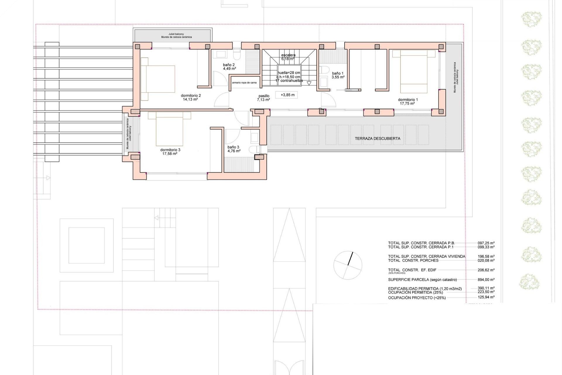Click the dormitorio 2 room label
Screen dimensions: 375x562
[x=191, y=98]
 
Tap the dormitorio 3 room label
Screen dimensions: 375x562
[x=170, y=151]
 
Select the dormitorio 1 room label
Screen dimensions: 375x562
[x=408, y=102]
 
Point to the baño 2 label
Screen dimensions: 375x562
[x=229, y=67]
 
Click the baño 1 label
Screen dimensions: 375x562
[x=338, y=75]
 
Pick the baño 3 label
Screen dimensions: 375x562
[x=234, y=149]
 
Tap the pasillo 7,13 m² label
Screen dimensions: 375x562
[x=263, y=98]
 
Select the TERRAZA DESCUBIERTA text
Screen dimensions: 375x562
[x=377, y=139]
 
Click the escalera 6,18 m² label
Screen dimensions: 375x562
[x=288, y=57]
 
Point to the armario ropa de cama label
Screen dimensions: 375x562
[x=244, y=83]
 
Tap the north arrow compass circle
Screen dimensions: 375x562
[x=348, y=265]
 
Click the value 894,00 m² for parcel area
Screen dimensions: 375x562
[x=486, y=279]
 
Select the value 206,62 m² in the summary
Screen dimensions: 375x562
[x=486, y=270]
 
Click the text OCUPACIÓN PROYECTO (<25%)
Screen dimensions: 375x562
[x=417, y=298]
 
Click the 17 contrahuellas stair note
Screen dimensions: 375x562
[x=289, y=81]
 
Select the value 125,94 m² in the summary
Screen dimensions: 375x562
[x=486, y=297]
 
